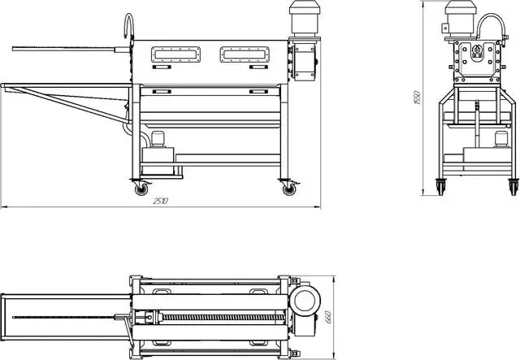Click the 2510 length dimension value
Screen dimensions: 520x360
[x=161, y=201]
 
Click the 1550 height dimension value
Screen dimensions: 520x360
[x=418, y=98]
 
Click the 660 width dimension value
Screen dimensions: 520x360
[x=328, y=317]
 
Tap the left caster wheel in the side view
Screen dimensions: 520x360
[x=141, y=189]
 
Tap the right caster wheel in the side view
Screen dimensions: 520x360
[x=289, y=189]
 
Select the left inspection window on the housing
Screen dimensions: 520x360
[x=175, y=54]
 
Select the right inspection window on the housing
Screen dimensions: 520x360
[x=245, y=54]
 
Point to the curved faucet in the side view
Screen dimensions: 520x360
[x=129, y=25]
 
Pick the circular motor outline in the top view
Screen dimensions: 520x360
[x=305, y=301]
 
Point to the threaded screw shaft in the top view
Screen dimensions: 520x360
[x=223, y=318]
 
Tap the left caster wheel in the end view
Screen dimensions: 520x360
[x=440, y=186]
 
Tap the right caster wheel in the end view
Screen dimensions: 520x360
[x=513, y=186]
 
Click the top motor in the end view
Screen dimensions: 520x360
[x=461, y=18]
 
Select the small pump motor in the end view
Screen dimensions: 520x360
[x=501, y=139]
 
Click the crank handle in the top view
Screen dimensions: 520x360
[x=128, y=328]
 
